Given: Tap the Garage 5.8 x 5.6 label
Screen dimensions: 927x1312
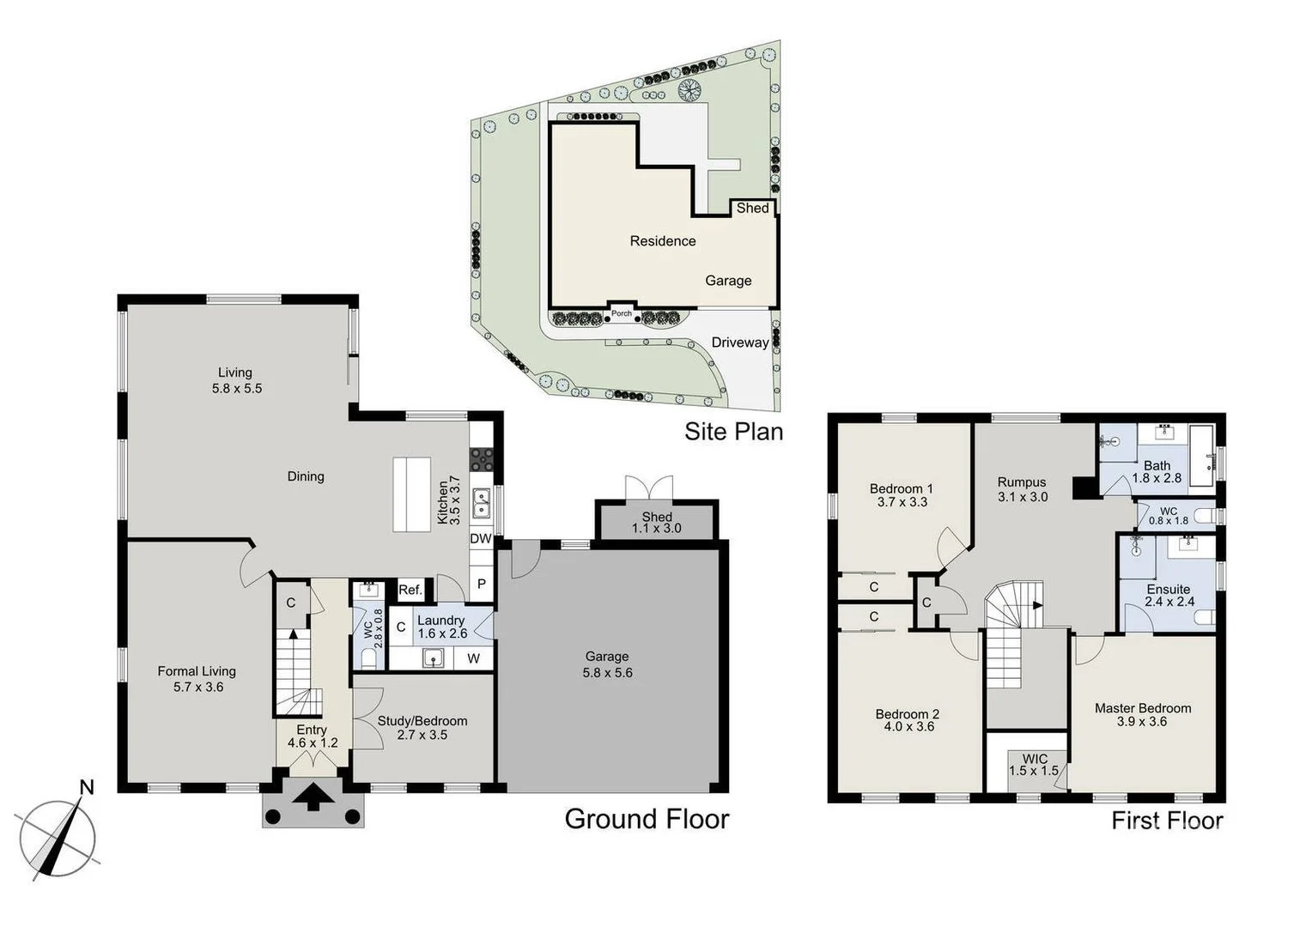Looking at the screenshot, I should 607,665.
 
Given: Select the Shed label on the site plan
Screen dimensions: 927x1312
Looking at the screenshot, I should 752,208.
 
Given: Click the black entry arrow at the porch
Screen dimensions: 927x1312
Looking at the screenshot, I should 313,797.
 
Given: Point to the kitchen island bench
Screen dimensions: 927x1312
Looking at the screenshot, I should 411,494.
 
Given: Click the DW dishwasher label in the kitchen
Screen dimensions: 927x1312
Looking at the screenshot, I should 480,539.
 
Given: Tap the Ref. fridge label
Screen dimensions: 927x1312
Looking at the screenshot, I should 410,590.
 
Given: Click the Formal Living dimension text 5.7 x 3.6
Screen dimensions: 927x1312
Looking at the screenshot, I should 197,687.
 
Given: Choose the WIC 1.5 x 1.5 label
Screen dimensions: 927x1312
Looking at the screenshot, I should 1034,765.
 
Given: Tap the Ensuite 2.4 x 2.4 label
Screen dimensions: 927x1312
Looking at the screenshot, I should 1169,595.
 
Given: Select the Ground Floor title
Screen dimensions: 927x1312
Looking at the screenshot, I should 647,819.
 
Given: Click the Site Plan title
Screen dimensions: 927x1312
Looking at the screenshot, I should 733,431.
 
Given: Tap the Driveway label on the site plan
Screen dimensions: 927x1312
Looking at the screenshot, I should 739,342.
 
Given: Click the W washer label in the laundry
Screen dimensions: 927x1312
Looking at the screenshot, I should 473,658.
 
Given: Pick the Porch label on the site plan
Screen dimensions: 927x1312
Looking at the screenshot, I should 622,313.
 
